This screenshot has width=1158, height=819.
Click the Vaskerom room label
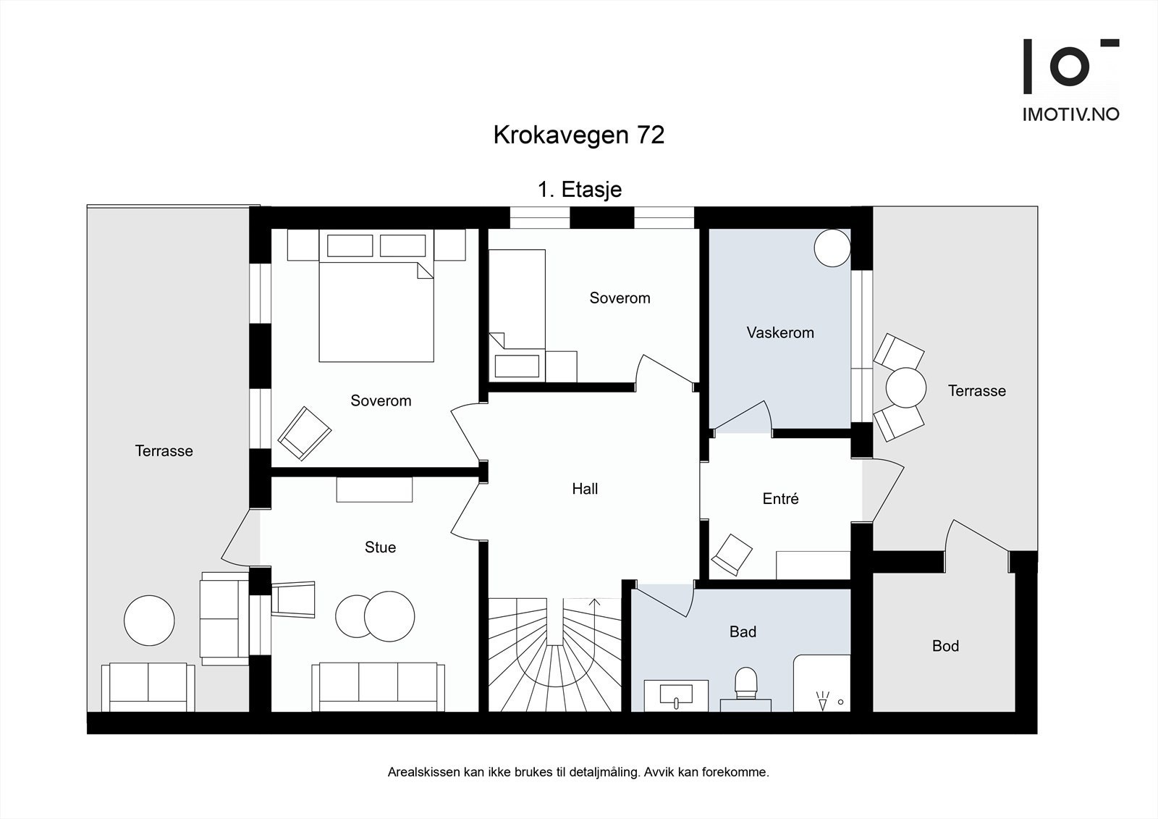[x=780, y=333]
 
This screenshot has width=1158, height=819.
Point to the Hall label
[x=585, y=490]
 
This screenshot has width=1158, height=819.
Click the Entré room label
[x=780, y=499]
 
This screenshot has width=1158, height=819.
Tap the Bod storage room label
[x=945, y=646]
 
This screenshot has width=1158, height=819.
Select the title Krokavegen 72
[x=579, y=135]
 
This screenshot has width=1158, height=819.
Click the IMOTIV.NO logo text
[x=1070, y=114]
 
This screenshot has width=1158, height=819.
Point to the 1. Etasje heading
[x=579, y=190]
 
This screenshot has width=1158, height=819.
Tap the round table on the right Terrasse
[x=905, y=388]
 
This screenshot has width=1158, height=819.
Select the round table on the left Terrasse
[x=149, y=621]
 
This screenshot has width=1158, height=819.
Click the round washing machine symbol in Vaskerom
[x=832, y=248]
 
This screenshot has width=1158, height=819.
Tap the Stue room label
[x=380, y=547]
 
